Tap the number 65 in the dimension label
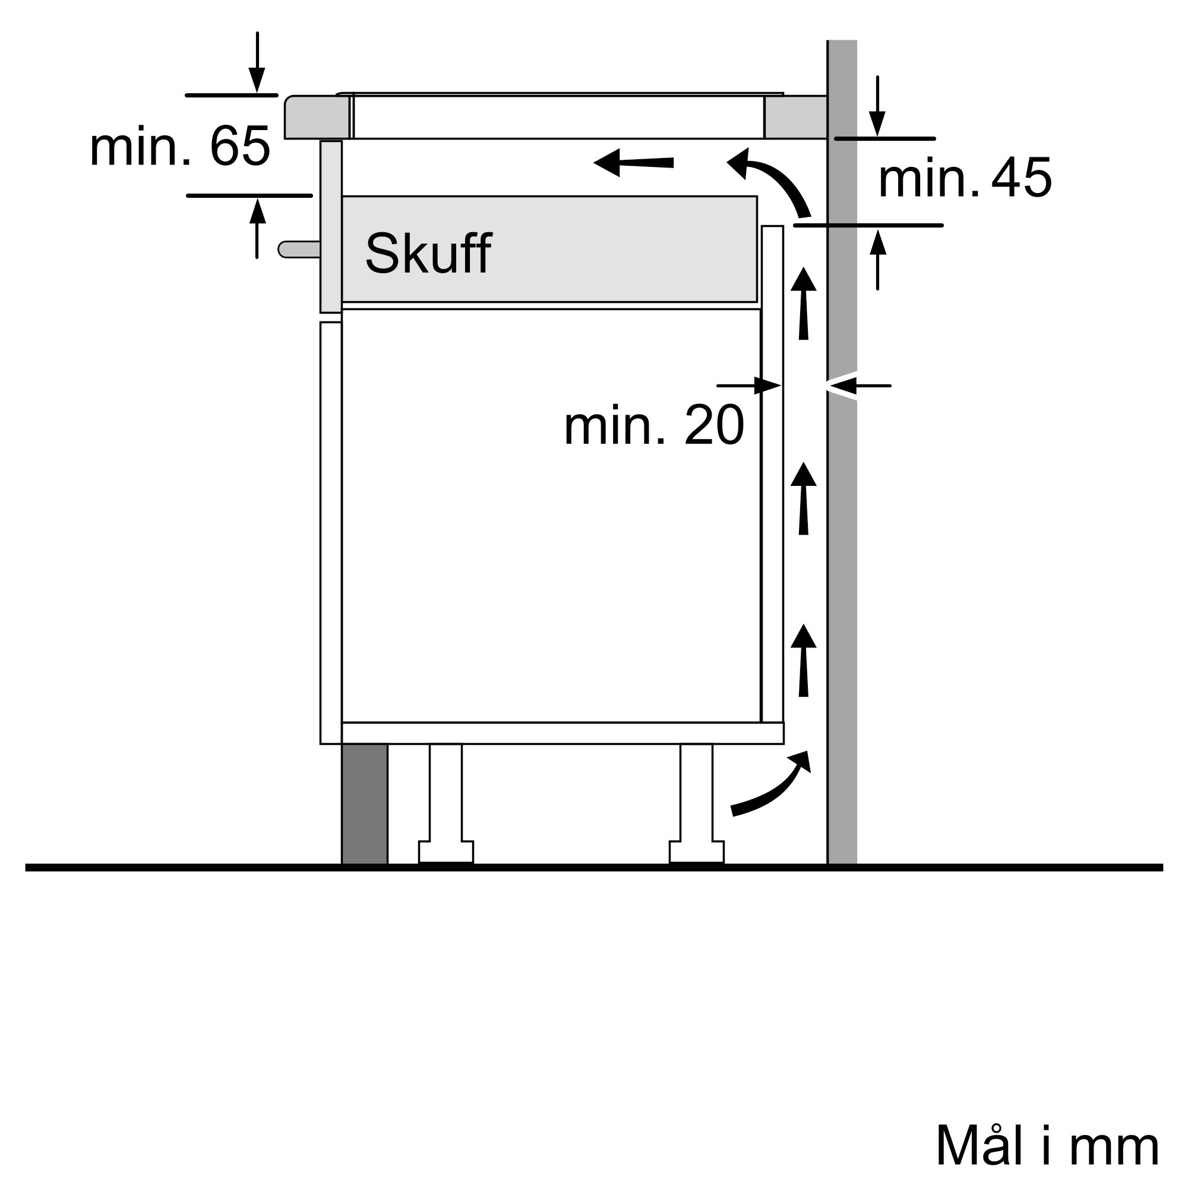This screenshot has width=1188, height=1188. (240, 146)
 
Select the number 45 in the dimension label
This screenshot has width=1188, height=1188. (1021, 178)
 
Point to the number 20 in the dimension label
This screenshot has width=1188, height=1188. (714, 425)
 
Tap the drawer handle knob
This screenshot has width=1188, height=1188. (299, 249)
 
